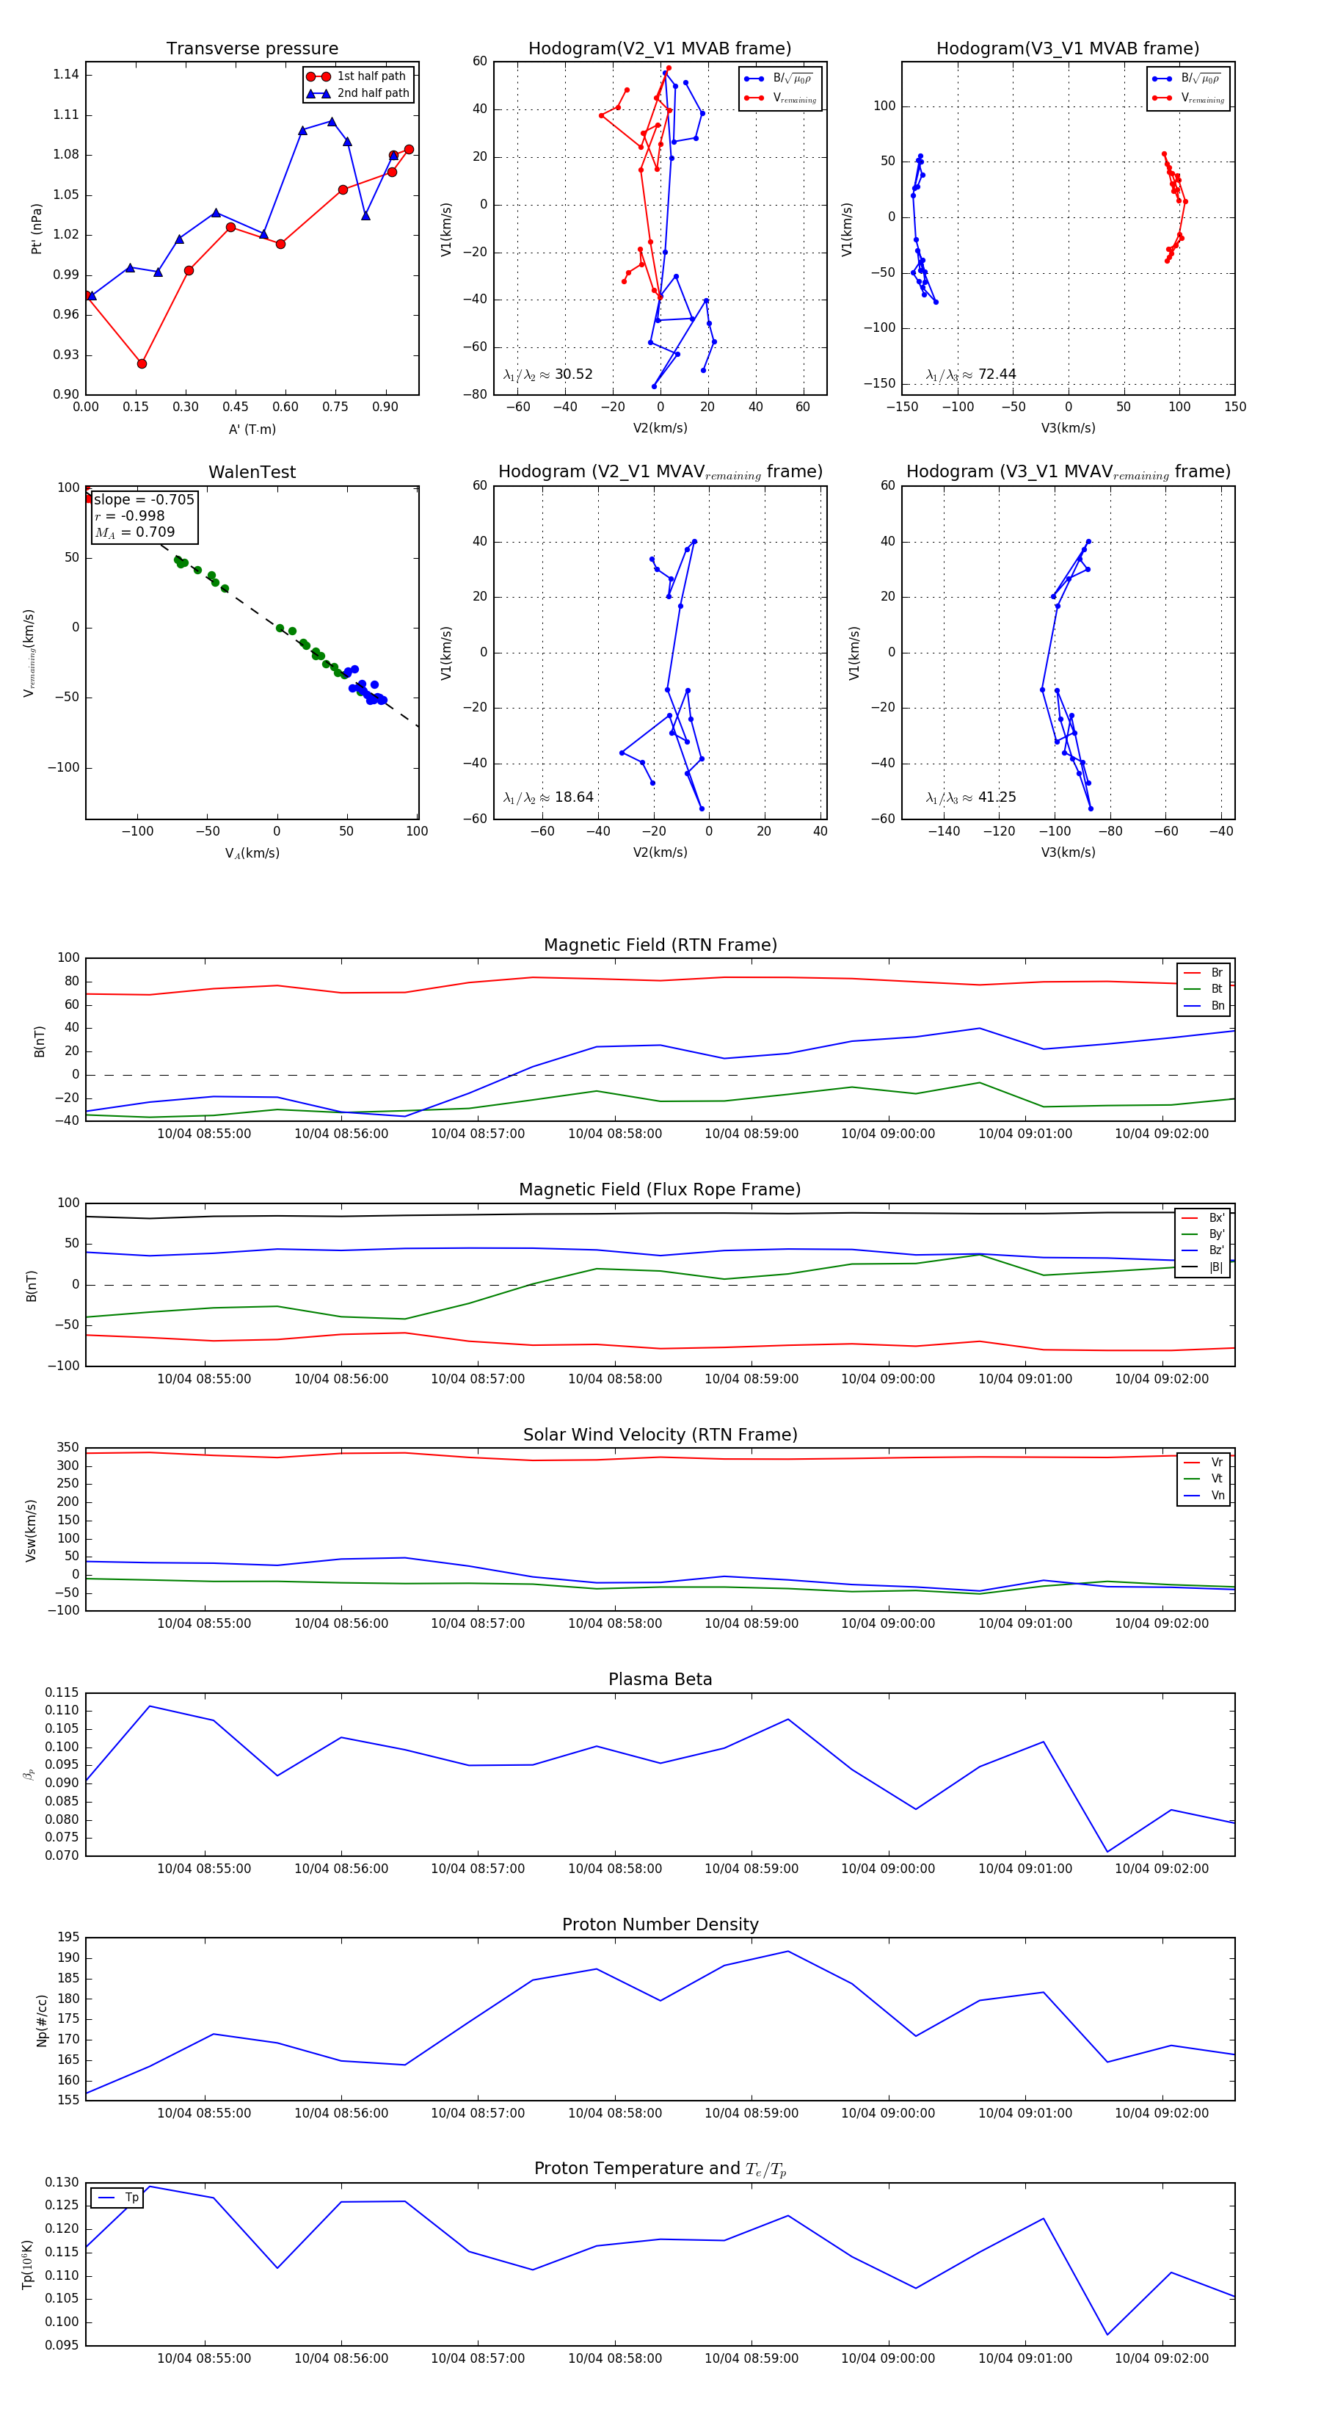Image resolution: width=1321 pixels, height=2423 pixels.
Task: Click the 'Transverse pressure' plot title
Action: (252, 49)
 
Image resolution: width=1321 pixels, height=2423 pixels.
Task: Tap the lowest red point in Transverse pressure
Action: (142, 363)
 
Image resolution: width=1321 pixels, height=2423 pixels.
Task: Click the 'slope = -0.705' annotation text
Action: (144, 499)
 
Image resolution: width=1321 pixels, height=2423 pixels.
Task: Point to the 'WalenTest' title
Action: (252, 472)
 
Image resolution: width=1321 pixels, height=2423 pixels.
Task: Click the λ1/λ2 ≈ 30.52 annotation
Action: (547, 374)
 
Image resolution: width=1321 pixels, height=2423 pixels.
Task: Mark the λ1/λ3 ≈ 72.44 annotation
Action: (970, 374)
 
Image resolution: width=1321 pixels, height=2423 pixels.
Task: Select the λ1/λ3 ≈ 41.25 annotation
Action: (970, 797)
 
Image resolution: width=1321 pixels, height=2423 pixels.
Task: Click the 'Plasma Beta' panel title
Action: (660, 1680)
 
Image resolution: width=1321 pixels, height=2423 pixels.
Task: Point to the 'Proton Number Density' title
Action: (660, 1924)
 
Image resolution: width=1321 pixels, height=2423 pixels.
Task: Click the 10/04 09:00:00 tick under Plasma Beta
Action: (887, 1868)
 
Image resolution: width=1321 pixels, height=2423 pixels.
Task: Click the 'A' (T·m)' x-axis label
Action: (252, 430)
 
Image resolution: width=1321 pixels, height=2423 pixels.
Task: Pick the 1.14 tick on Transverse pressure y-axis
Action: (66, 75)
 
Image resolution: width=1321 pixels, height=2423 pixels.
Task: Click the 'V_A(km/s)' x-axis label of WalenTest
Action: (252, 853)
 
